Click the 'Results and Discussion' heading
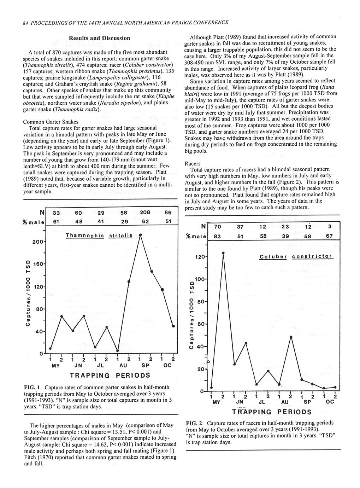click(99, 38)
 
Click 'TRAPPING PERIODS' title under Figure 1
click(110, 375)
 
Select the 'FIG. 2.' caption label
click(193, 423)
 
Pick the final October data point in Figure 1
click(173, 326)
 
